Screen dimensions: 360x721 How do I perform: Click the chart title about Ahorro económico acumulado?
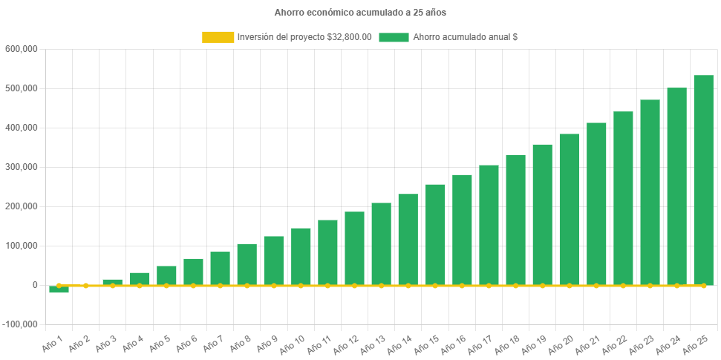[360, 13]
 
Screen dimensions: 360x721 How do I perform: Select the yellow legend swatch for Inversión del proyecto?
[218, 37]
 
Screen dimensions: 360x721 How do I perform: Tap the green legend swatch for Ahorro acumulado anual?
[394, 37]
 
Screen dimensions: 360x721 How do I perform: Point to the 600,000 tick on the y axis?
[22, 49]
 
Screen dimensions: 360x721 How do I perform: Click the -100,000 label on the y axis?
[20, 324]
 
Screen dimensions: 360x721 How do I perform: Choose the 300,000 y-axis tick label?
[22, 167]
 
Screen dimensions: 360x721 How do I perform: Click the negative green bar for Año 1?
[59, 289]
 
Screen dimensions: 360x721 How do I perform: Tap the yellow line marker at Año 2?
[86, 285]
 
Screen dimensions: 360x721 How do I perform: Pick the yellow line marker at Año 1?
[59, 285]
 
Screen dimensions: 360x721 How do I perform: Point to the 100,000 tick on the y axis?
[22, 246]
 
